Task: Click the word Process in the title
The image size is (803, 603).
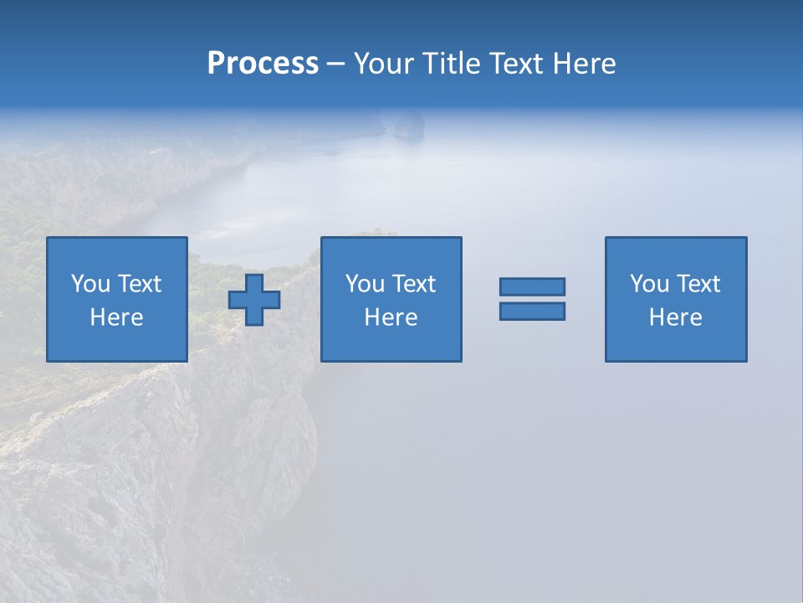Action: point(263,63)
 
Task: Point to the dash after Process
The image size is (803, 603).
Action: point(335,64)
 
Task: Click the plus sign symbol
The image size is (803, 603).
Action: point(254,299)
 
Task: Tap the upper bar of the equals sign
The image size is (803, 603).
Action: point(532,286)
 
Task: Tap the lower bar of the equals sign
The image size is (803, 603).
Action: point(532,311)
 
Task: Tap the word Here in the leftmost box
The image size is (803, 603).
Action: point(116,317)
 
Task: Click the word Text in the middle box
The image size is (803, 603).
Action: point(412,284)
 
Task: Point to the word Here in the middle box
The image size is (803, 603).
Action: point(391,317)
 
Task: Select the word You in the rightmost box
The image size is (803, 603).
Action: point(649,284)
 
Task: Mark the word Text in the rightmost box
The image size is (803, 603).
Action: point(697,284)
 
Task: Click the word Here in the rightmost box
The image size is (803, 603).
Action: point(675,317)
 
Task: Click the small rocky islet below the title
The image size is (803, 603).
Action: point(408,125)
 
